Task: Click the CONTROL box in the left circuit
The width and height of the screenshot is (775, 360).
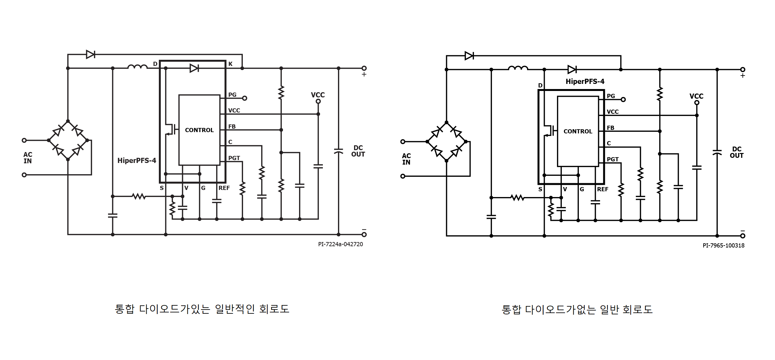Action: (199, 130)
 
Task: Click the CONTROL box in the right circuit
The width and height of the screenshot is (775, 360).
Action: (578, 131)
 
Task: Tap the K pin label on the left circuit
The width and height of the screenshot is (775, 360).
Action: (230, 64)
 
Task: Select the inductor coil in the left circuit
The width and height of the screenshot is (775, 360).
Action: (137, 67)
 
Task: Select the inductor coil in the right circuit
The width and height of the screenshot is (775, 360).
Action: (518, 68)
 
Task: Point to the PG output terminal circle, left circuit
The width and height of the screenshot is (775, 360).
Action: (244, 98)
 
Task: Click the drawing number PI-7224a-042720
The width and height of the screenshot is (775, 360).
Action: (340, 244)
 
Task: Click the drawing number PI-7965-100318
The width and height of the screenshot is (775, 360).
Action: (723, 246)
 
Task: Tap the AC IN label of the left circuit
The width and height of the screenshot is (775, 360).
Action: (28, 158)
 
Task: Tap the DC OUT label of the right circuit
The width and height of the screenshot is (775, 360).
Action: (736, 152)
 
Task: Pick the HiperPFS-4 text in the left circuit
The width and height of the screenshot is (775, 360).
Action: (137, 160)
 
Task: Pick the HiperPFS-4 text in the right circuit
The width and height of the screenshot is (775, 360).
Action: (585, 82)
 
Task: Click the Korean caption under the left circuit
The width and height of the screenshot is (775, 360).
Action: (202, 309)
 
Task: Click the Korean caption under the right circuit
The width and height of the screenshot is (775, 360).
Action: (577, 310)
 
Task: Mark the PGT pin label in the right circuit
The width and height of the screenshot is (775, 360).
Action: (612, 159)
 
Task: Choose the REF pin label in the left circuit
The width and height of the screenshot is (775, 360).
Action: (224, 188)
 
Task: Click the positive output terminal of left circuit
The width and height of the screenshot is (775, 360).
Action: (364, 68)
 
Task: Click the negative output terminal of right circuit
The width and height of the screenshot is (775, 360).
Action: (743, 236)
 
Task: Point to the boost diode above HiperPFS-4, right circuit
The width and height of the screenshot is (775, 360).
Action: (572, 69)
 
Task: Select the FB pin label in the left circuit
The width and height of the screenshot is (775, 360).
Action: (232, 127)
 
